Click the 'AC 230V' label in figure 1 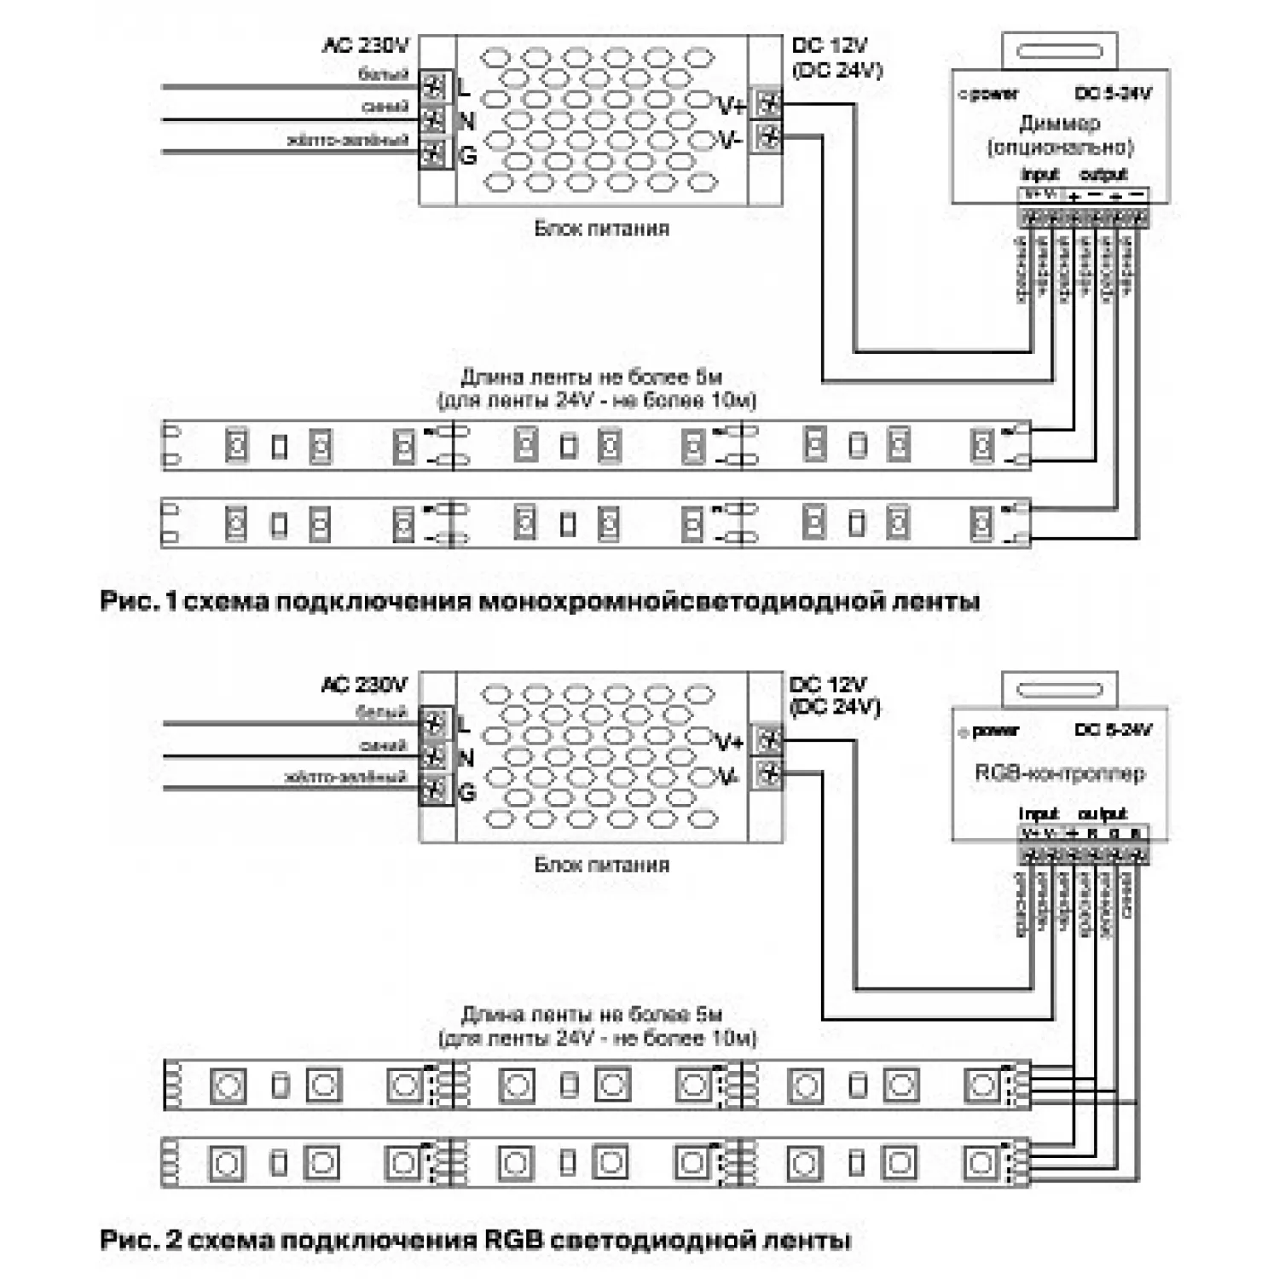(366, 45)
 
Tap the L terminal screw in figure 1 (434, 86)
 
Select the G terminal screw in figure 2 (434, 790)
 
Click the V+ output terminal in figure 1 (768, 103)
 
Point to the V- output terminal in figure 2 (769, 773)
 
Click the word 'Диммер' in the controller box (1059, 124)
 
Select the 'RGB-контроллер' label (1059, 773)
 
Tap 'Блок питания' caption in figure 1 (601, 229)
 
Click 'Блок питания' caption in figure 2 (601, 865)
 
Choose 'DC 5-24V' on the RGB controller (1113, 730)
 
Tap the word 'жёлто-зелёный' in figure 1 (349, 140)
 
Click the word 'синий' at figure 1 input (385, 107)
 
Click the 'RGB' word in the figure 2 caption (512, 1239)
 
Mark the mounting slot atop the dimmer (1059, 51)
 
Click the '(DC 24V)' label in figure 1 (836, 70)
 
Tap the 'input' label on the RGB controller (1038, 813)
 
